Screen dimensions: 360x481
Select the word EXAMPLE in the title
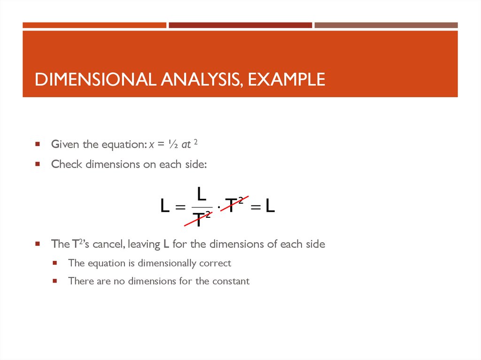click(287, 79)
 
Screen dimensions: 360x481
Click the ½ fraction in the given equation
click(174, 145)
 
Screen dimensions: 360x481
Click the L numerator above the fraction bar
click(201, 193)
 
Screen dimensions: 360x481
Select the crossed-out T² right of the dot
click(234, 205)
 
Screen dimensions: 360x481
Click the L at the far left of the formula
click(165, 206)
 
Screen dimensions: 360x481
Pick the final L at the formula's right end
click(270, 206)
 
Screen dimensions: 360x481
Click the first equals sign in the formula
click(180, 207)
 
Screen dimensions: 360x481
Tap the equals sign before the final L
click(255, 207)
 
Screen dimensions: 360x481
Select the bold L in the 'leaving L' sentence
click(166, 244)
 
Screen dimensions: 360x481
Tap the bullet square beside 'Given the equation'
click(37, 145)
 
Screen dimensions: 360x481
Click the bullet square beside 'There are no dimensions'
click(54, 281)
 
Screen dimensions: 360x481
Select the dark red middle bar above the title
click(240, 25)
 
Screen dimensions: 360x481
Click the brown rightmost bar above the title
click(386, 25)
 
